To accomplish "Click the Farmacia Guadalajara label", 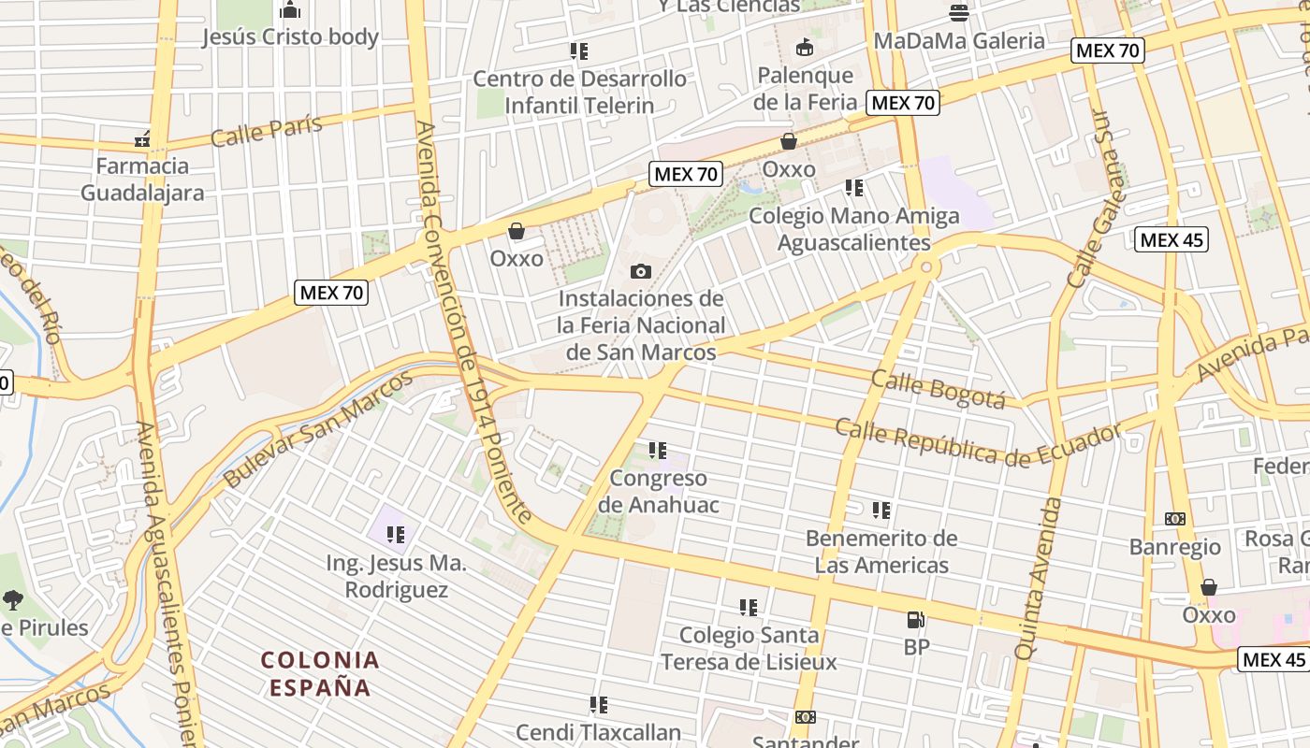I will tap(142, 180).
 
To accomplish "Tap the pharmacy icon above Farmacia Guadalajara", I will tap(142, 140).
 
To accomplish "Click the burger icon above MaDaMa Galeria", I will tap(959, 13).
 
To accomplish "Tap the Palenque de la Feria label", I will tap(805, 88).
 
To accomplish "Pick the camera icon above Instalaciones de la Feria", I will tap(641, 272).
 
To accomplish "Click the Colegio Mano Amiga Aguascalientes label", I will tap(854, 229).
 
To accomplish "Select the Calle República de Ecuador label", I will tap(978, 443).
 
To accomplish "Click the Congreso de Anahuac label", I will tap(659, 492).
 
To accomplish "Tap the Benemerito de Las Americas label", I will tap(881, 552).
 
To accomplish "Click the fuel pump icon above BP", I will tap(915, 620).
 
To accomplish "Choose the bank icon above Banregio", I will tap(1175, 519).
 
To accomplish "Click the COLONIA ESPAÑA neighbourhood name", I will tap(320, 674).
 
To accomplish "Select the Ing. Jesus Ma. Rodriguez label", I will tap(396, 577).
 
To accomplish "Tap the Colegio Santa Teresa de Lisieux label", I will tap(749, 649).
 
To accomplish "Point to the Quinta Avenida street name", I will tap(1039, 578).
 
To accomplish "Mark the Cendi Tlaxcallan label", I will tap(599, 732).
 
